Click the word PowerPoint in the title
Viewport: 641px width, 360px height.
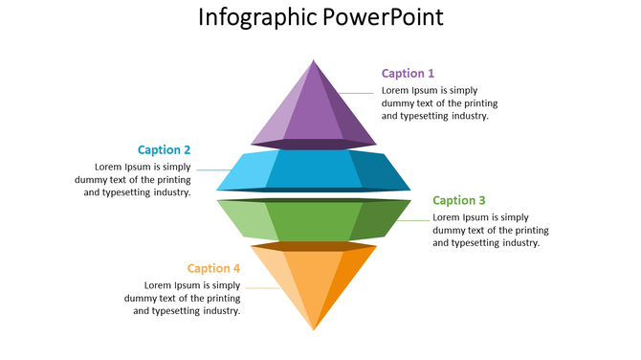pyautogui.click(x=383, y=18)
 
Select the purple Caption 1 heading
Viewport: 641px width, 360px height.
pyautogui.click(x=408, y=73)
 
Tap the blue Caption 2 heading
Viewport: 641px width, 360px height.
pyautogui.click(x=164, y=149)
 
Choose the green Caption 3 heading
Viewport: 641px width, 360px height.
pyautogui.click(x=459, y=200)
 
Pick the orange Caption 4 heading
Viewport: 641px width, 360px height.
pyautogui.click(x=214, y=268)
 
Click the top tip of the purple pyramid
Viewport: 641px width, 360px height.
pyautogui.click(x=314, y=60)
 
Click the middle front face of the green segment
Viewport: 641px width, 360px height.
pyautogui.click(x=314, y=221)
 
